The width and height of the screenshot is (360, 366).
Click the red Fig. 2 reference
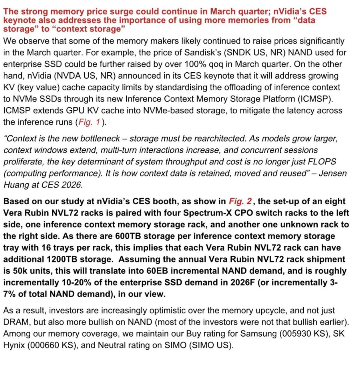(240, 201)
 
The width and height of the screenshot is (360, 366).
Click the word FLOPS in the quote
(322, 162)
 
